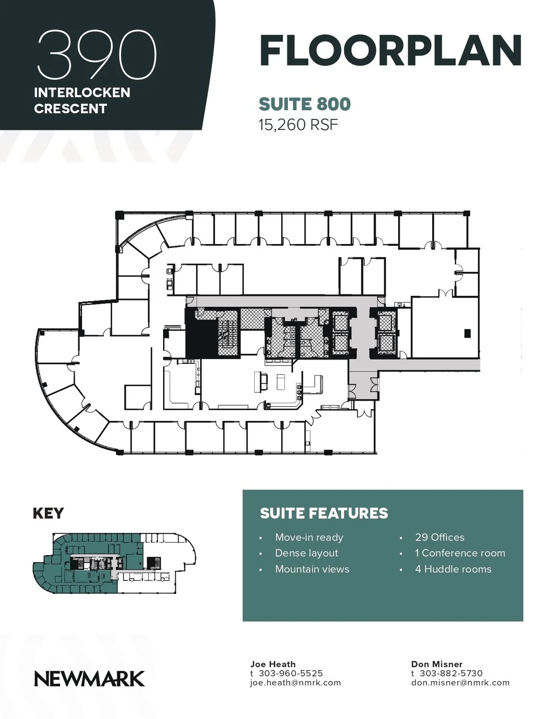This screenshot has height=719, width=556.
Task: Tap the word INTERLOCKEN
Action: coord(82,93)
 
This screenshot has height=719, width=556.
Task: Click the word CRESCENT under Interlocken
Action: coord(71,108)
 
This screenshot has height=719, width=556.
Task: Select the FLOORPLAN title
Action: coord(391,51)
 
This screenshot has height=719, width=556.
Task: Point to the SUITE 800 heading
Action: coord(305,104)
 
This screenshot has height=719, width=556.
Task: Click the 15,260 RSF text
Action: coord(298,125)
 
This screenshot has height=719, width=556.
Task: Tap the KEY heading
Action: coord(48,513)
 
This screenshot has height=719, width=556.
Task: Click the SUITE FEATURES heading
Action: coord(324,513)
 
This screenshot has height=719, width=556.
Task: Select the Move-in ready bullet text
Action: coord(309,537)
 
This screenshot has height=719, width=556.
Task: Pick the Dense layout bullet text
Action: coord(307,553)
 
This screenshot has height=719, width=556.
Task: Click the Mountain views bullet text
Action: coord(312,569)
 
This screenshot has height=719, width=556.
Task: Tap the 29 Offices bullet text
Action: coord(440,537)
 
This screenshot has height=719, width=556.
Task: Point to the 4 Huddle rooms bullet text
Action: coord(453,569)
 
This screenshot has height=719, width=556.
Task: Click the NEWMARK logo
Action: coord(89,679)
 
